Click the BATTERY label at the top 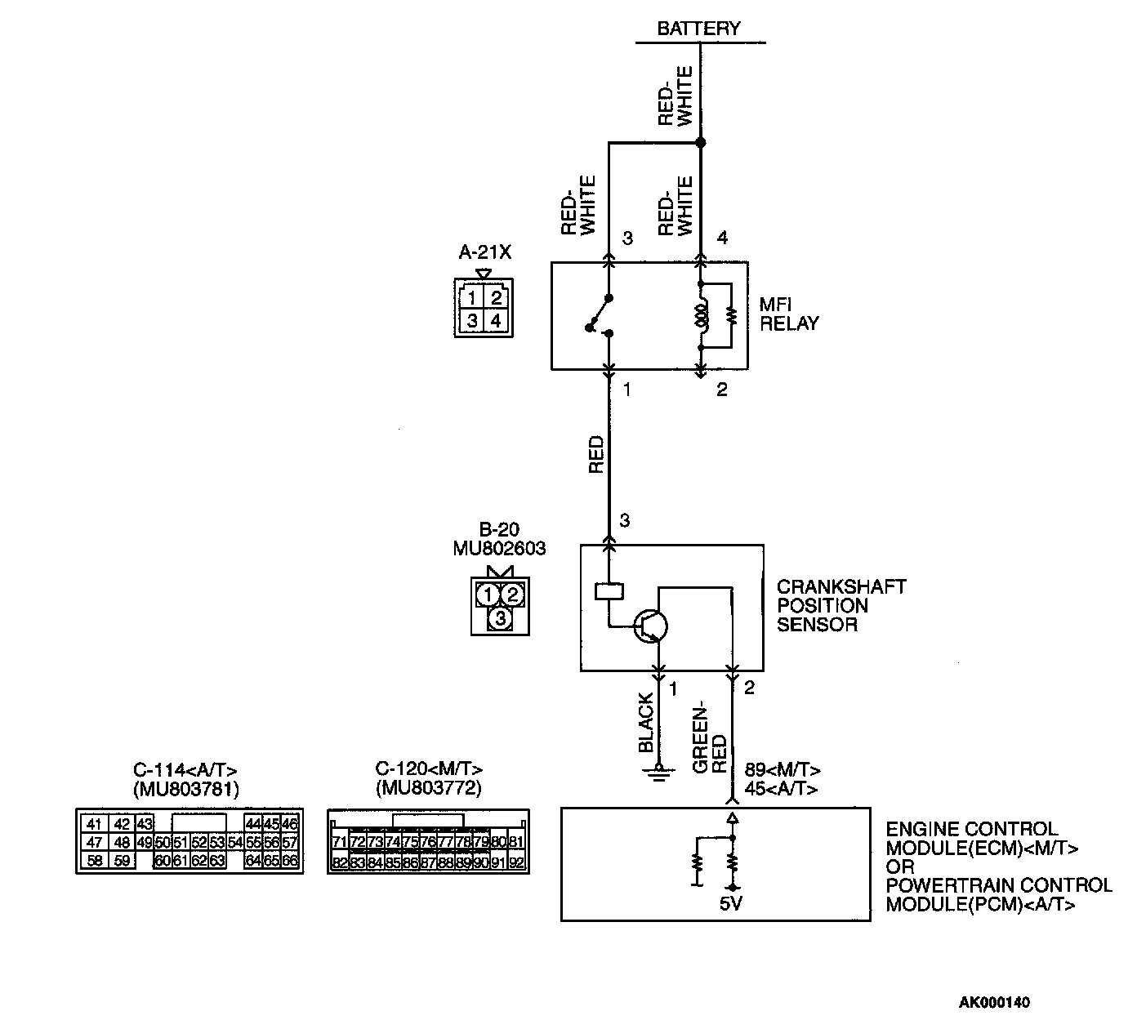(699, 29)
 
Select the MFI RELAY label (788, 314)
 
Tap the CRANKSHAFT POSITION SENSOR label (840, 606)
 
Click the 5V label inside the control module (732, 904)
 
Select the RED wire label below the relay (596, 455)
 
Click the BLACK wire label (646, 723)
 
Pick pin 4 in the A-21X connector (496, 321)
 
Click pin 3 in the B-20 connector (500, 619)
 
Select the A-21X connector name (484, 252)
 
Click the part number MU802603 (499, 548)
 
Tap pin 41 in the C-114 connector (94, 824)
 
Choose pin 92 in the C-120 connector (516, 862)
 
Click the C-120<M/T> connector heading (429, 769)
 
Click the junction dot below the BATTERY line (700, 143)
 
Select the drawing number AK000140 (994, 1002)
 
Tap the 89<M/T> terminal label (783, 770)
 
